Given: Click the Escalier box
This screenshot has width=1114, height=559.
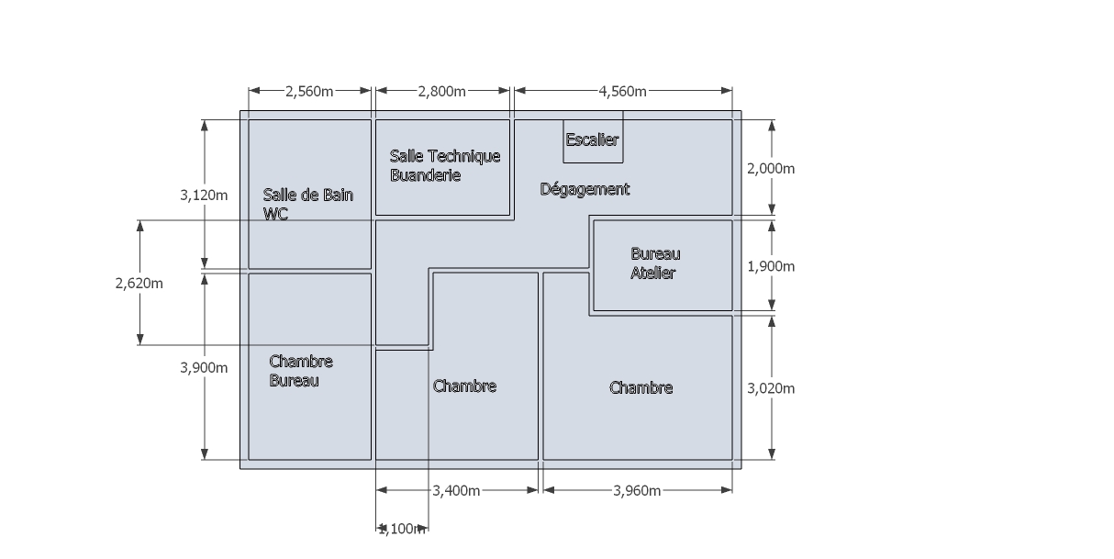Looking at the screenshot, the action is click(593, 140).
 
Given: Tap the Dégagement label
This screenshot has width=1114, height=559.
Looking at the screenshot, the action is click(585, 189).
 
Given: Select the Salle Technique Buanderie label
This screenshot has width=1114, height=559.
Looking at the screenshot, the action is click(444, 165).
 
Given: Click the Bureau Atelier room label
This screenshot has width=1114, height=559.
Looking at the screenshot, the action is click(655, 263).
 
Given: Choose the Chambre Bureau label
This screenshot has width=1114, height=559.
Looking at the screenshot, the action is click(301, 371).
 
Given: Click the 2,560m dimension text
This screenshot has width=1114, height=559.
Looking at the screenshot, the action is click(309, 91).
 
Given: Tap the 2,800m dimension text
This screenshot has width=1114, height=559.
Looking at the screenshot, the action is click(441, 91).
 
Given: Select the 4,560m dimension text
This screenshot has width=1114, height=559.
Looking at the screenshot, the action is click(622, 91).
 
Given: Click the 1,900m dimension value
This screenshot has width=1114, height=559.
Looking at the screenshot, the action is click(772, 266).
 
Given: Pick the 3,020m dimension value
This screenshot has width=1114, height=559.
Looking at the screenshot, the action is click(772, 388).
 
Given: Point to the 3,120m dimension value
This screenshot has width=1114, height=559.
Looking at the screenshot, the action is click(204, 195).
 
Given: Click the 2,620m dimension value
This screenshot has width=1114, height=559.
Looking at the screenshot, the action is click(139, 284).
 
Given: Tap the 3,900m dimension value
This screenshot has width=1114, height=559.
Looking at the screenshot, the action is click(204, 367).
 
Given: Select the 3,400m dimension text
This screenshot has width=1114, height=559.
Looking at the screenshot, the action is click(456, 491).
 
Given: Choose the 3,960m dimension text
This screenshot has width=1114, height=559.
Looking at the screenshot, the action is click(637, 491).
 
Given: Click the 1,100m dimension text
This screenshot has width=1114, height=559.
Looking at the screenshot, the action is click(402, 529).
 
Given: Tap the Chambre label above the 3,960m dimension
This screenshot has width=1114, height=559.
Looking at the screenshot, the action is click(641, 388).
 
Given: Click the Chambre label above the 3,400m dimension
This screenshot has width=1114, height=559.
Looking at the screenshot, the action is click(464, 386).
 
